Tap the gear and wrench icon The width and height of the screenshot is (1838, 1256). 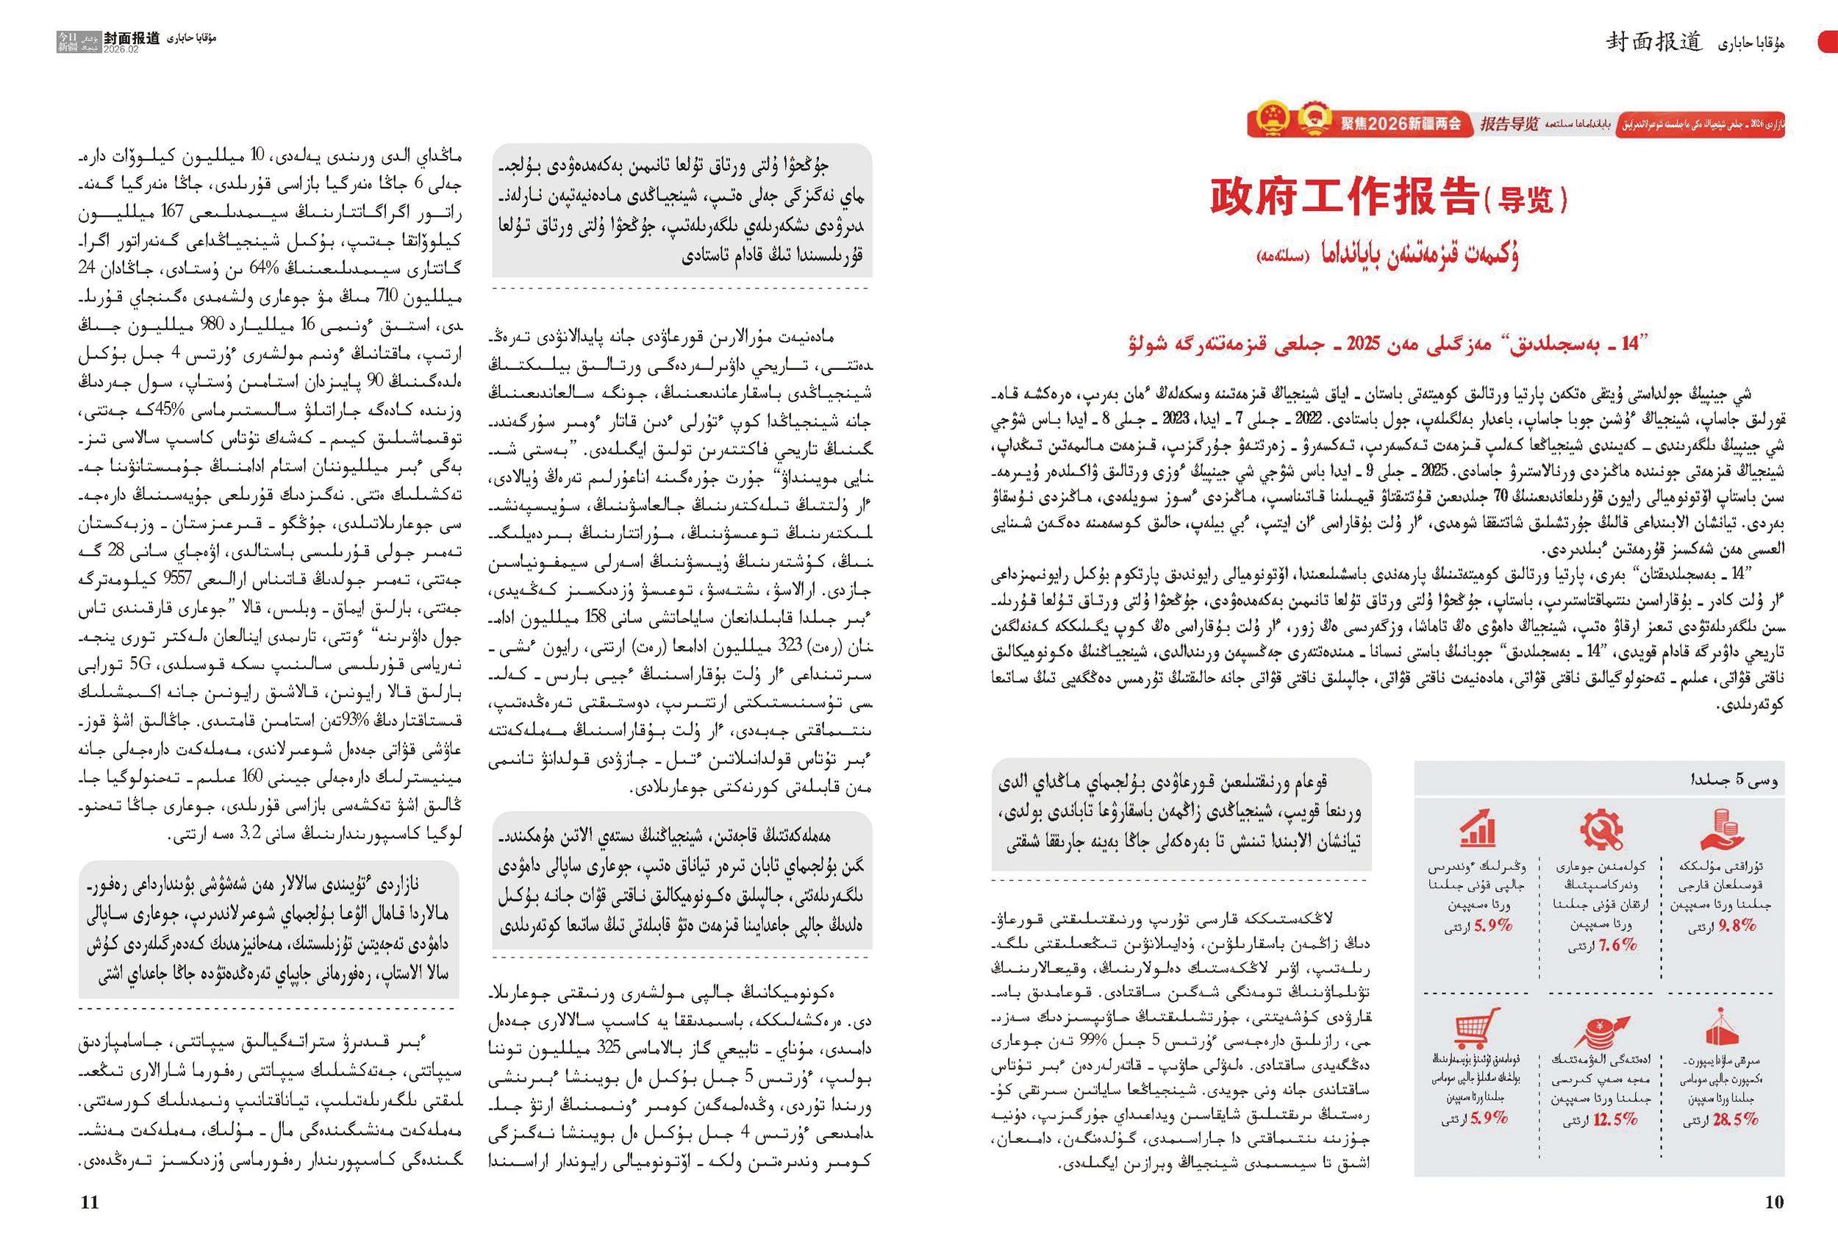(1601, 829)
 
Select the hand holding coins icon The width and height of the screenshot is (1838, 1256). (1721, 829)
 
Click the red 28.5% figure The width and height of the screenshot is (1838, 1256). (1734, 1118)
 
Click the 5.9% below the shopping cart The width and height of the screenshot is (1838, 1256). (1489, 1118)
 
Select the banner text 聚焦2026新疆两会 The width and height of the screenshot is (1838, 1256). (1400, 124)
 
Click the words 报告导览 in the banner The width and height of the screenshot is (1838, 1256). (1509, 124)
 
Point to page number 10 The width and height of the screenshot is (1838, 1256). (1774, 1202)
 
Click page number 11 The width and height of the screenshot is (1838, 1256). (90, 1202)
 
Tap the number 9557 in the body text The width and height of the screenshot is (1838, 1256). (177, 577)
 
